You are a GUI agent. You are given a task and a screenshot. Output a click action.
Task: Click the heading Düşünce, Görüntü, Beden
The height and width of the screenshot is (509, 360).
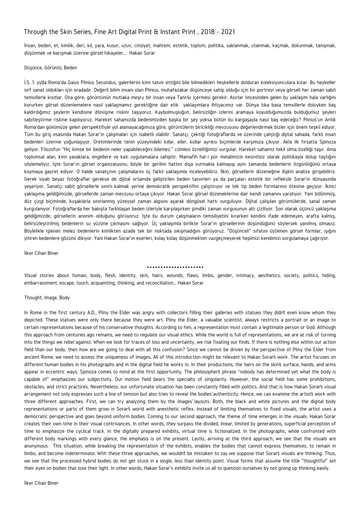coord(50,66)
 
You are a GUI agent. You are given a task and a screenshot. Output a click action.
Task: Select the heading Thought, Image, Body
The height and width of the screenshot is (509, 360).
coord(47,297)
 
